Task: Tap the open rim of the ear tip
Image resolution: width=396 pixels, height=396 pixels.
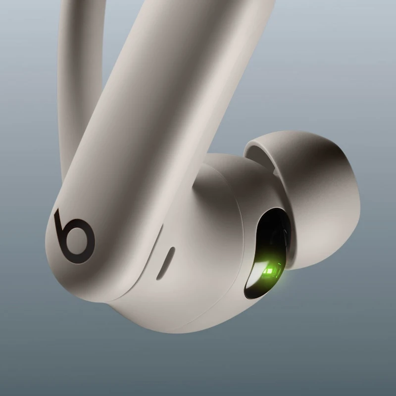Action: pyautogui.click(x=267, y=148)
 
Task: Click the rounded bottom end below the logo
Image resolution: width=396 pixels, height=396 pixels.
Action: pyautogui.click(x=74, y=277)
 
